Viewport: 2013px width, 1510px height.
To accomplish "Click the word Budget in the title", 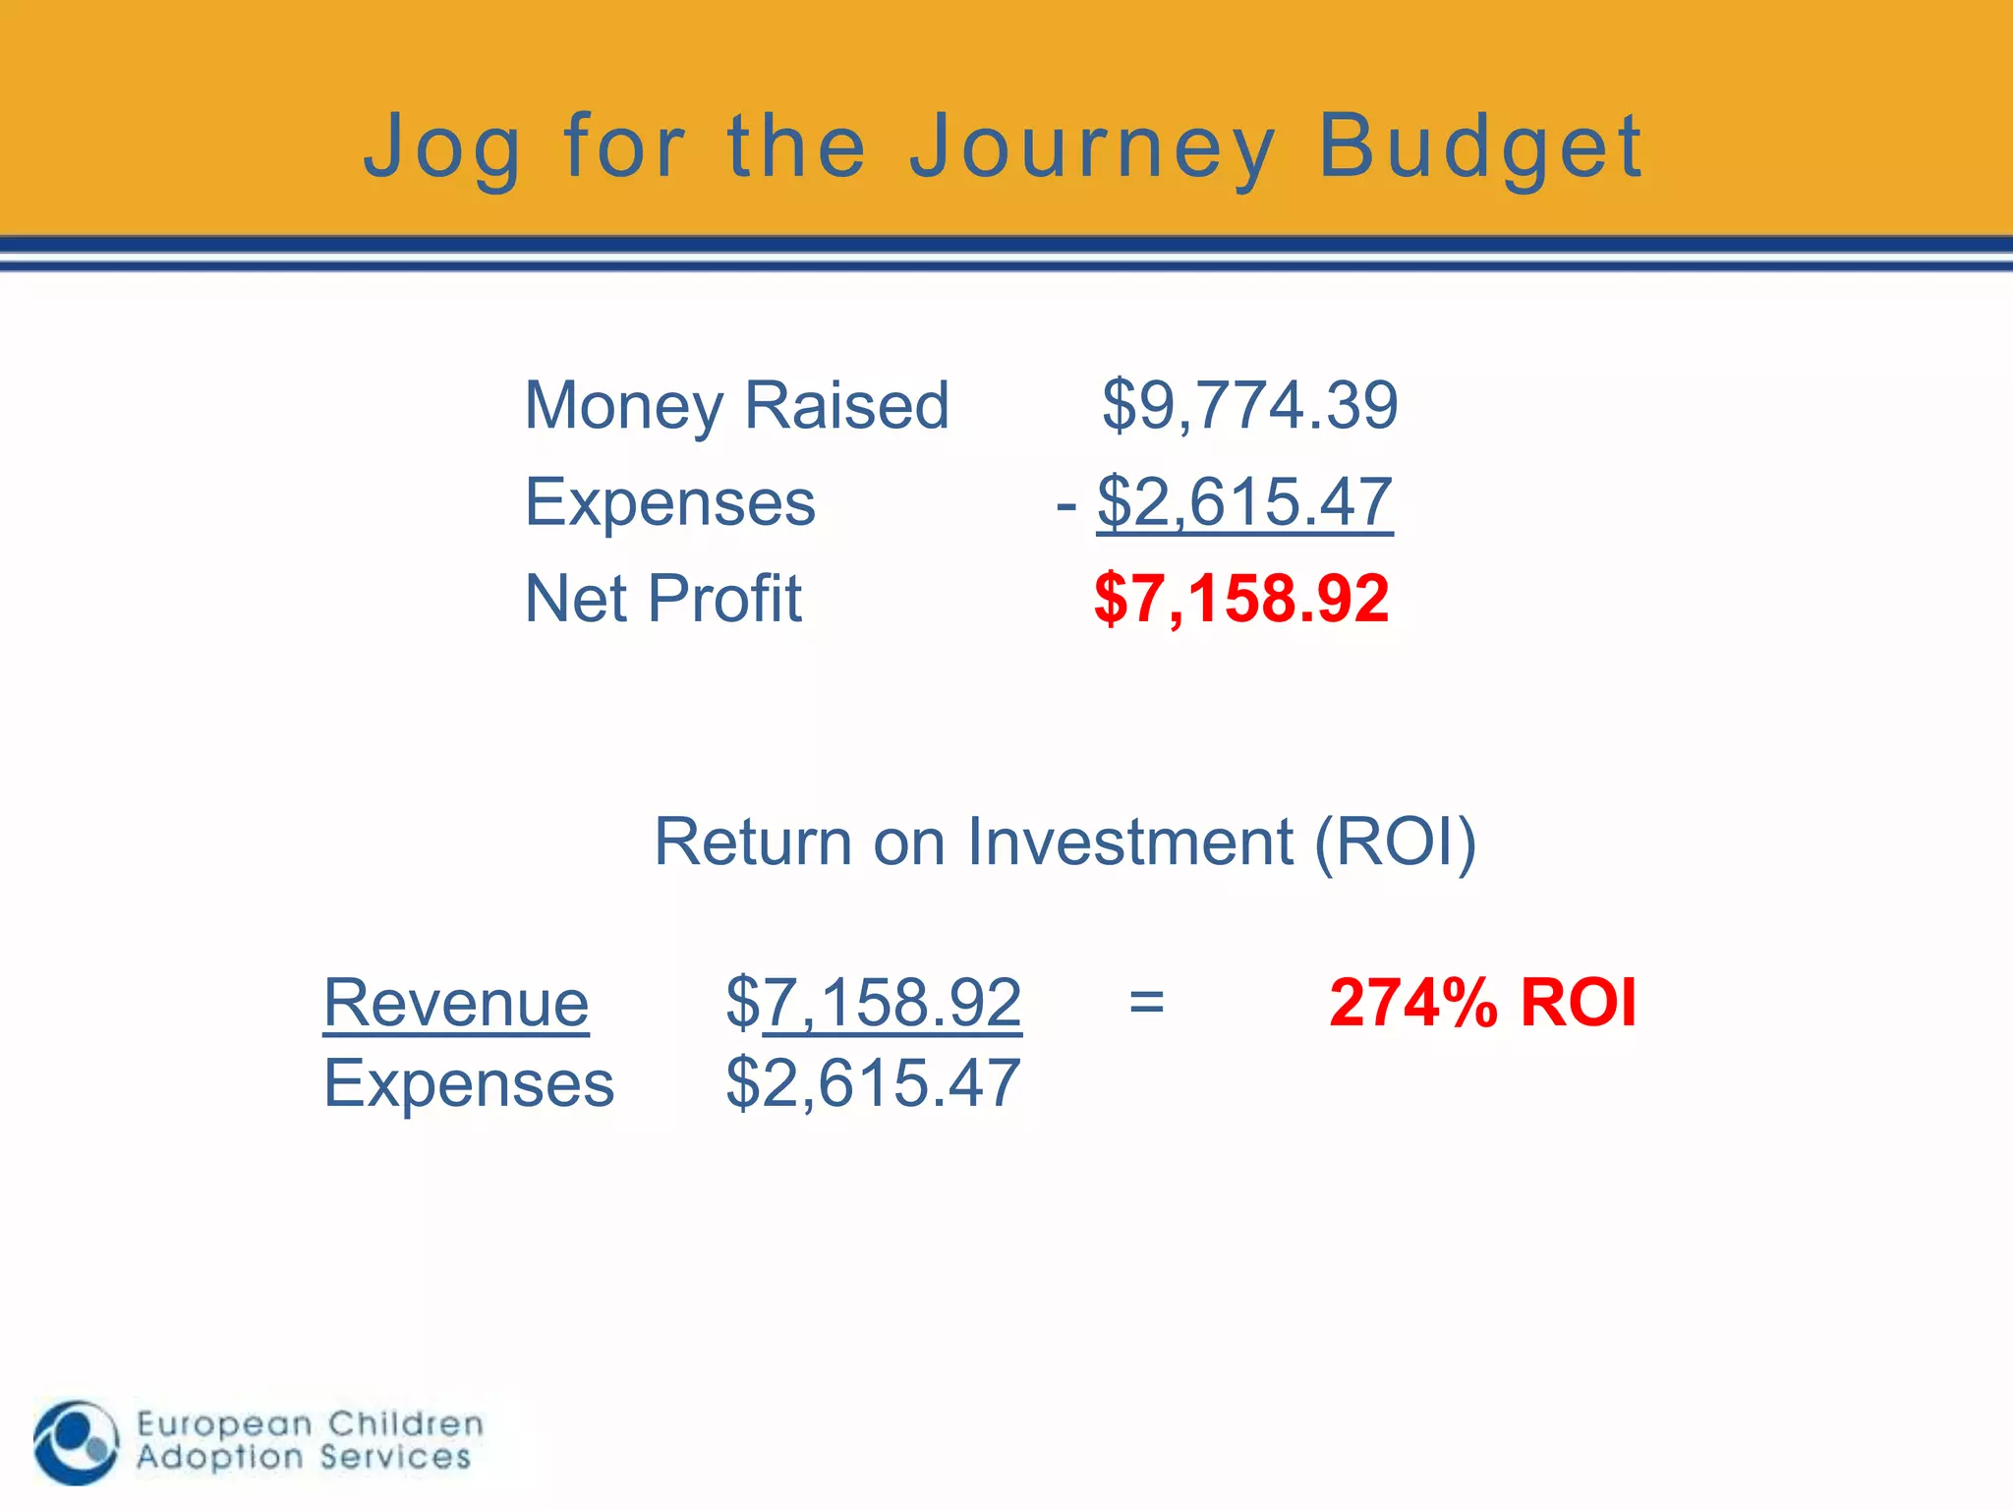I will (x=1479, y=147).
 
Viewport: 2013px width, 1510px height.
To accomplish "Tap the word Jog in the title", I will (x=441, y=147).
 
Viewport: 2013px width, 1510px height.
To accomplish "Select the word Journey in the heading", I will (x=1091, y=147).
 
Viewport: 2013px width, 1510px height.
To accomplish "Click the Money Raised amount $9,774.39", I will (x=1249, y=405).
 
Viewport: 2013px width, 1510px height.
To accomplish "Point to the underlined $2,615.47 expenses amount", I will (x=1244, y=502).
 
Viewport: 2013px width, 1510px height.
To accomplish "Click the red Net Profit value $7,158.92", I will (x=1241, y=598).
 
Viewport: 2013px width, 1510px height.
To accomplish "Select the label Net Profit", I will (x=663, y=598).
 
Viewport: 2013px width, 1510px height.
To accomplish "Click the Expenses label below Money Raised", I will (x=670, y=502).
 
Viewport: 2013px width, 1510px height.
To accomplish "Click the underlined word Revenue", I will (x=456, y=1003).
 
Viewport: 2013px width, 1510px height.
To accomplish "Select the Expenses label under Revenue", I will (x=469, y=1083).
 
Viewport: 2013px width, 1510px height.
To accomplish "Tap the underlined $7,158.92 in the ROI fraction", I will (x=874, y=1003).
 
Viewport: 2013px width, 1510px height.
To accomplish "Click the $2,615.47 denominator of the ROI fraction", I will (x=874, y=1083).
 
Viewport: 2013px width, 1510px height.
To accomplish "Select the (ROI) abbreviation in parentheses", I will (x=1396, y=842).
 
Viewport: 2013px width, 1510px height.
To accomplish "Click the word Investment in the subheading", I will (x=1130, y=842).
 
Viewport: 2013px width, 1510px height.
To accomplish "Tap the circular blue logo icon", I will (x=76, y=1442).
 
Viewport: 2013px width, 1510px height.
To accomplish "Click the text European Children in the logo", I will (x=310, y=1423).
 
